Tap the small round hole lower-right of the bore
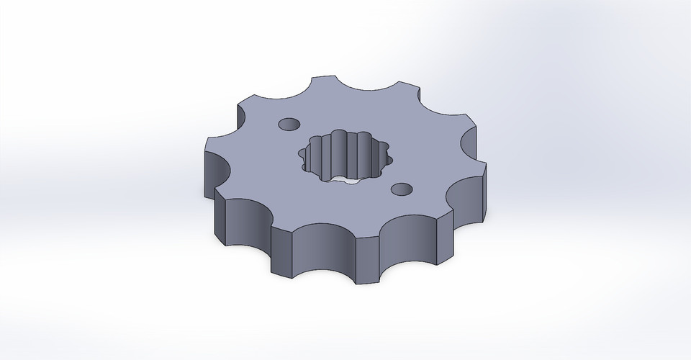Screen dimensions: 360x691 click(399, 189)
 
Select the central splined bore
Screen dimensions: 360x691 click(342, 155)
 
